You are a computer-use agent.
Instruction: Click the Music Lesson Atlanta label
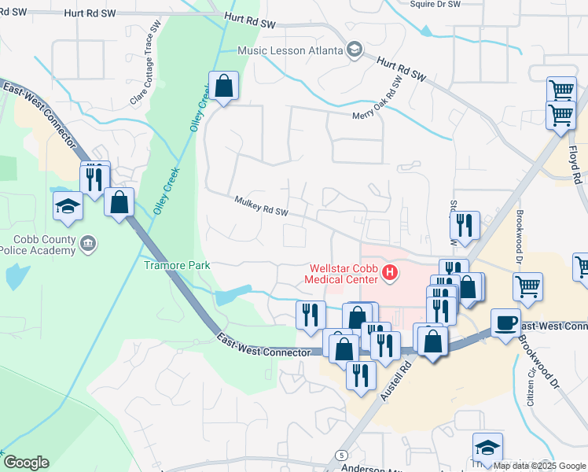(291, 50)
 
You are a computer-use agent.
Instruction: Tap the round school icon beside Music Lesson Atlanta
(354, 50)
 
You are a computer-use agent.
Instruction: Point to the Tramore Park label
(176, 265)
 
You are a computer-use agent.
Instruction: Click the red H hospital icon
(388, 273)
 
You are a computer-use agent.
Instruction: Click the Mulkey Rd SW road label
(262, 208)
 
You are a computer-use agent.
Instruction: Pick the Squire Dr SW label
(435, 4)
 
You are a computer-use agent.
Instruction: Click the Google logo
(26, 463)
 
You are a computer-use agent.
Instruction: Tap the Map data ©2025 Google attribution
(540, 466)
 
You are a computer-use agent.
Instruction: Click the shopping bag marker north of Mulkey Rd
(224, 87)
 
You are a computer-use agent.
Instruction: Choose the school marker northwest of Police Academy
(68, 206)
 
